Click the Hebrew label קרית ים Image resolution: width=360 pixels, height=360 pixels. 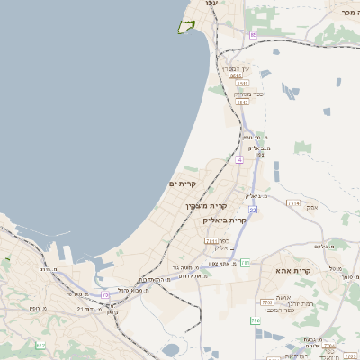pos(183,184)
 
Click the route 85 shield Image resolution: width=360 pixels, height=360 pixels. pos(254,34)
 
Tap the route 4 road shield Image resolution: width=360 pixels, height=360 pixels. pos(240,159)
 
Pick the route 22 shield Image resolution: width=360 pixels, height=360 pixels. pos(254,209)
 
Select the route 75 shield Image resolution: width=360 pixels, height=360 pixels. pos(105,293)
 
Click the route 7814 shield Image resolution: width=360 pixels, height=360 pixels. pos(292,203)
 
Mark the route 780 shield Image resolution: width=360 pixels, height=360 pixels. pos(255,319)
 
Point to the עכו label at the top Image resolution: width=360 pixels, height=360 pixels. pos(211,4)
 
